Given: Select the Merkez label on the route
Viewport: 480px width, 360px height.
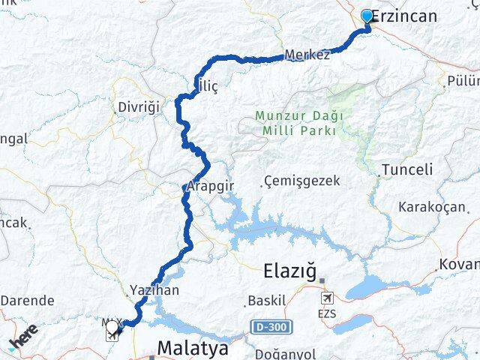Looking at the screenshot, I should (307, 56).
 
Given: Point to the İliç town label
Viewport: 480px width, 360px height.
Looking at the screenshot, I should (206, 87).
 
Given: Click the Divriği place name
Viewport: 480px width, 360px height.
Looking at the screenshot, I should (139, 107).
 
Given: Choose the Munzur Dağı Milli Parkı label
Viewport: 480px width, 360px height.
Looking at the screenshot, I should (298, 123).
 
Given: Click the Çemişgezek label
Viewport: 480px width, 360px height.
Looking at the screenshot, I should (302, 181).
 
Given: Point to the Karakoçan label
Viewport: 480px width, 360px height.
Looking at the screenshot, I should (431, 207).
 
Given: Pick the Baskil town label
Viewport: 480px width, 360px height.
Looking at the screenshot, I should (267, 301).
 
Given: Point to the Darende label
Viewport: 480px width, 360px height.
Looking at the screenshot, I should (27, 300).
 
